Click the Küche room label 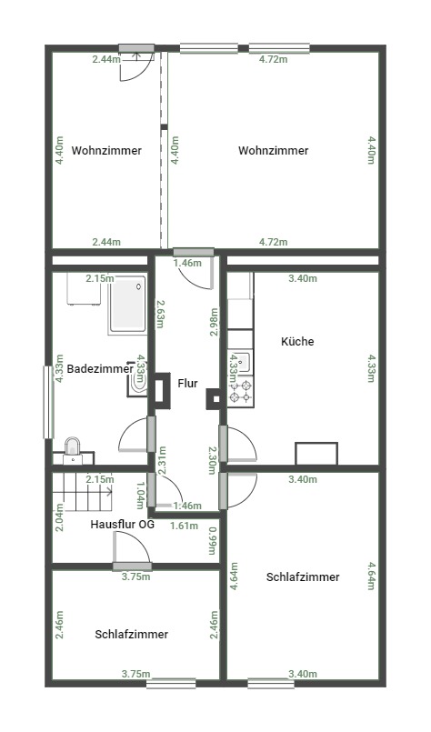coord(297,341)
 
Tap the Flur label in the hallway coord(187,383)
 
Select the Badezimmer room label coord(100,369)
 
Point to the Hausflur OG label coord(123,525)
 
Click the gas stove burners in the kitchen coord(240,392)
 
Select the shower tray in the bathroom coord(127,305)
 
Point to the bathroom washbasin coord(137,378)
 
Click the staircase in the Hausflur coord(82,492)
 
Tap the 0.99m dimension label coord(213,541)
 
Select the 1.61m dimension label coord(184,526)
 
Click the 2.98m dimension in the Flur coord(214,322)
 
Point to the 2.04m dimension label coord(59,517)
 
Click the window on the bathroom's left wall coord(48,403)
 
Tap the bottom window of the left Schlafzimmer coord(171,684)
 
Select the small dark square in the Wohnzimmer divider coord(164,126)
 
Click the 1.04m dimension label coord(141,496)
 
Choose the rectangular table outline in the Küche coord(316,454)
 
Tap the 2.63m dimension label coord(159,314)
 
